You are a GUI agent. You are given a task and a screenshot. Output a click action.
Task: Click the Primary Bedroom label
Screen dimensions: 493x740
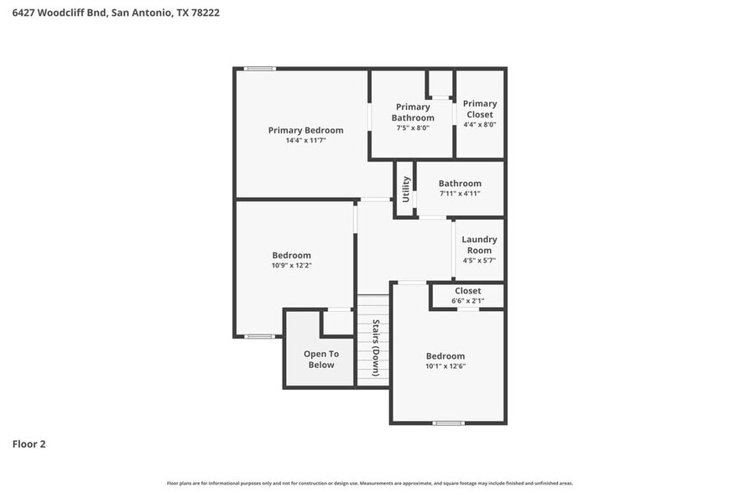click(x=305, y=130)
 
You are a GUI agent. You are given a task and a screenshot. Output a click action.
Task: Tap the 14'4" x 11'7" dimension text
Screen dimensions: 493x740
click(x=305, y=141)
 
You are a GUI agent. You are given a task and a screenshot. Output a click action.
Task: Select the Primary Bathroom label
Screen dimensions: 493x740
click(x=413, y=112)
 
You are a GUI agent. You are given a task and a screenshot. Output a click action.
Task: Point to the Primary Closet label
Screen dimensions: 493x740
click(x=480, y=109)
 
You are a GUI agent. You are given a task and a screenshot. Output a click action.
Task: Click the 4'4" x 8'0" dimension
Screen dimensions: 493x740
click(x=480, y=124)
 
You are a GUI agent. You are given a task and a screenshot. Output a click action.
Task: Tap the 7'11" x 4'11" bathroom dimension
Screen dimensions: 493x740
click(x=460, y=194)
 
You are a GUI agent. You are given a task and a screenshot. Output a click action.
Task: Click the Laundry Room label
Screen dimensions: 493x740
click(x=479, y=245)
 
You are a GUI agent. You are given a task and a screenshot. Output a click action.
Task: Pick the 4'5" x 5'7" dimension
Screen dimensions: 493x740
click(x=479, y=260)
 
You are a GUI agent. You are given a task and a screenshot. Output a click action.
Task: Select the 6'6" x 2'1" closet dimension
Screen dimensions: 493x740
click(x=467, y=301)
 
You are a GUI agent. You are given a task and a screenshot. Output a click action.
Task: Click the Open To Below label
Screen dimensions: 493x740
click(x=320, y=359)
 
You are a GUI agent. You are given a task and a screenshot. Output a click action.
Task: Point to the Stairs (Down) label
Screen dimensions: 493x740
click(x=376, y=347)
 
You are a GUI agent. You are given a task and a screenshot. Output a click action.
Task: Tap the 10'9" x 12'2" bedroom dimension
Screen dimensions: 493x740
click(x=291, y=266)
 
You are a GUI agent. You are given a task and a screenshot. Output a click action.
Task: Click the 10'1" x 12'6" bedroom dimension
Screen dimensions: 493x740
click(x=445, y=366)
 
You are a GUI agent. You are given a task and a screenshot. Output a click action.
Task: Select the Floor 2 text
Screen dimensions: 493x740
click(x=29, y=444)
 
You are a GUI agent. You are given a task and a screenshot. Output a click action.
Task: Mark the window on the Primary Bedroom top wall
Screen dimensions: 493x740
click(x=260, y=69)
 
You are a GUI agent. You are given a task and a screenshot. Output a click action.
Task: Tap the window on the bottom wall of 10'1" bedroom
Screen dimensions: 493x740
click(x=448, y=423)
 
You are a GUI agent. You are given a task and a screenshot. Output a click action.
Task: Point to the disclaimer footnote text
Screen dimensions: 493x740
click(x=370, y=483)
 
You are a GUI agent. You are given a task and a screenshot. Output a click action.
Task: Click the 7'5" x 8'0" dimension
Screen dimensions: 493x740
click(x=413, y=128)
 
